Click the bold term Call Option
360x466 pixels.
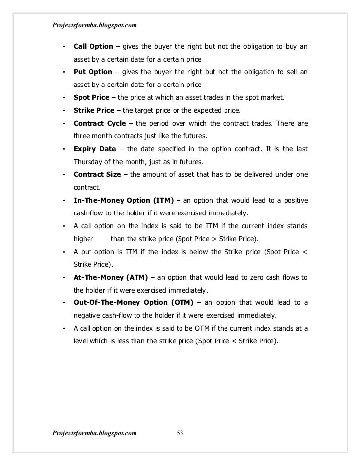tap(92, 47)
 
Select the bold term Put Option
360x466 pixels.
tap(92, 72)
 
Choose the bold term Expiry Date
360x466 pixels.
tap(94, 149)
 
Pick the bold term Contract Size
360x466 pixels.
tap(97, 174)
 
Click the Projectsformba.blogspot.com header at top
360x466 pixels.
tap(93, 24)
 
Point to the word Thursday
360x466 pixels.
tap(89, 162)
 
